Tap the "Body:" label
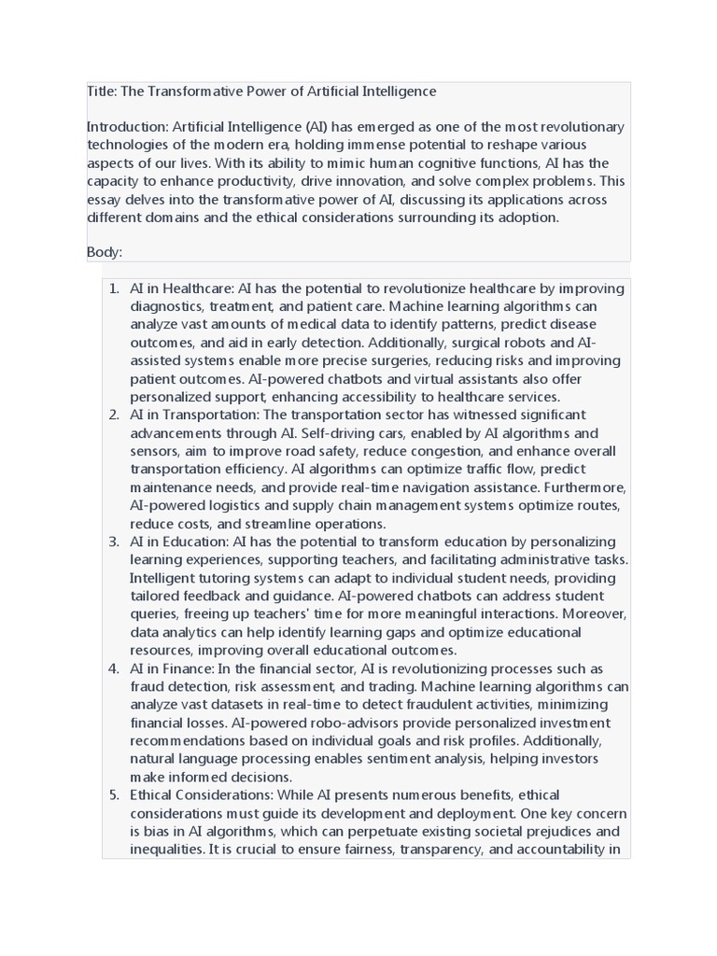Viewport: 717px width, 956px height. click(x=105, y=252)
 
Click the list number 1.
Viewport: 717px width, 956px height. click(x=113, y=289)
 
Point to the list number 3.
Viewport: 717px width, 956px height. click(x=113, y=542)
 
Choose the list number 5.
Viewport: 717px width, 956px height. click(x=113, y=795)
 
